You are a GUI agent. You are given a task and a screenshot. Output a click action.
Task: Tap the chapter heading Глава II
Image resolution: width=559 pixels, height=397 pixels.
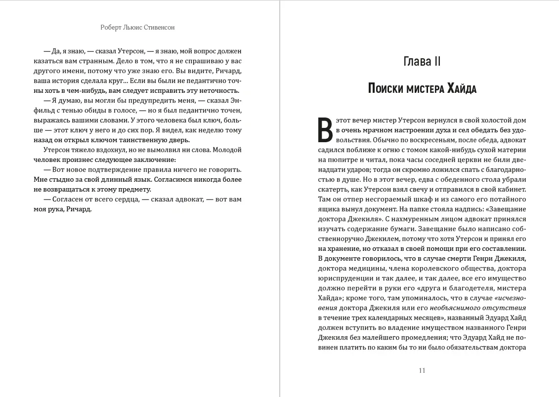422,62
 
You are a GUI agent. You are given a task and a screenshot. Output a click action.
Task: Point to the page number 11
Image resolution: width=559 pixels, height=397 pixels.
422,371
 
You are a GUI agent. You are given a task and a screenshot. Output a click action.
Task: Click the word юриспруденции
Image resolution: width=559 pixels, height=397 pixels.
346,278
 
